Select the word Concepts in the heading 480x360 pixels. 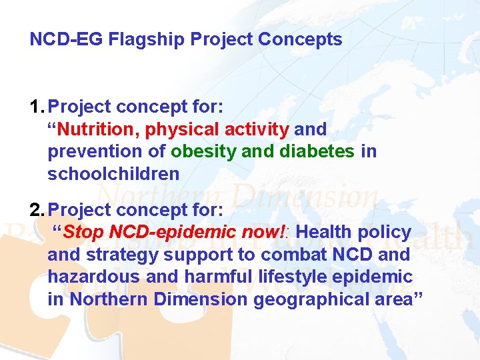click(x=300, y=39)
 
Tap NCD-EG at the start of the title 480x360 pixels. click(x=66, y=39)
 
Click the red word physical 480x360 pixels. click(x=182, y=129)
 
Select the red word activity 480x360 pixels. click(x=257, y=129)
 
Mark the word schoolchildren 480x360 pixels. click(x=113, y=174)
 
